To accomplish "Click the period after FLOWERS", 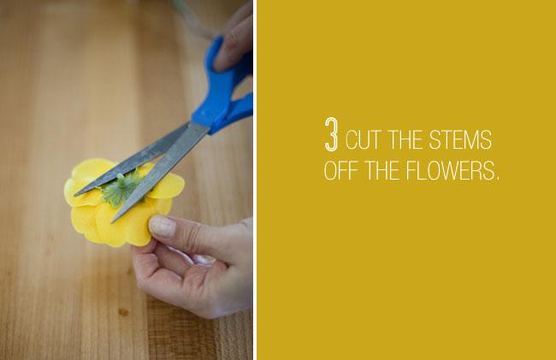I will tap(496, 177).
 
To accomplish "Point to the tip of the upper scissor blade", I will tap(76, 193).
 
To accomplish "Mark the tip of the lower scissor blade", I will tap(113, 220).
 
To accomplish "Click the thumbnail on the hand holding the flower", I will tap(162, 227).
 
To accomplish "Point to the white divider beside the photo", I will tap(255, 180).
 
